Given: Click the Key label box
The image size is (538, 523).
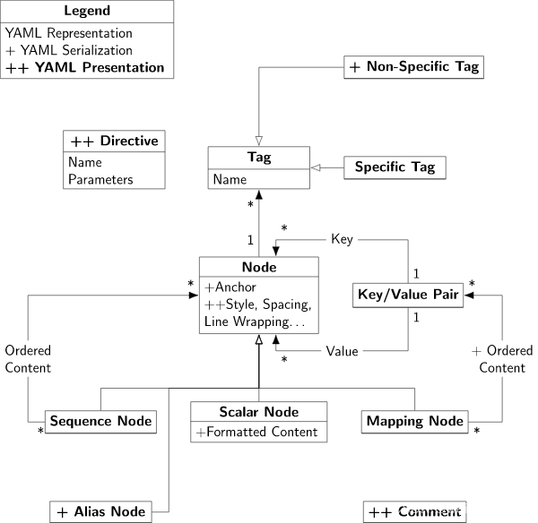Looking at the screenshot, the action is coord(342,239).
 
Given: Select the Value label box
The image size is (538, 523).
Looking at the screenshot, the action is coord(342,351).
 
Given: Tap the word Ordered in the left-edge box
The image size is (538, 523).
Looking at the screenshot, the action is coord(28,350).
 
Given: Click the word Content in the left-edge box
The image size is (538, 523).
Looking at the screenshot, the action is coord(28,367).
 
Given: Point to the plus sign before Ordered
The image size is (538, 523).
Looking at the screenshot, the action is coord(476,351).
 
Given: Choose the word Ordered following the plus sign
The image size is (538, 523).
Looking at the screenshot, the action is coord(509,350).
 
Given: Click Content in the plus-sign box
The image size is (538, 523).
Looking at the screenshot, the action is coord(502,367).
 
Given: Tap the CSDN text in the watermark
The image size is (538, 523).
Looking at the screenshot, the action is coord(411,508).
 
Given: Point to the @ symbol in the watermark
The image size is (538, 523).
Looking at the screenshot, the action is coord(440,509).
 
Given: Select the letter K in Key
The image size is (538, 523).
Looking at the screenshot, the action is coord(335,239).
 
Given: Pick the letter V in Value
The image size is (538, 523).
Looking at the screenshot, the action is coord(330,351).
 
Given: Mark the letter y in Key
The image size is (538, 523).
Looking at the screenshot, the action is coord(350,240).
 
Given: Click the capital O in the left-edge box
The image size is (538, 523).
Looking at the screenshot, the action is coord(10,350).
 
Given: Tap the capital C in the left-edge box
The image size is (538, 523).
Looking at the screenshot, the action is coord(9,367).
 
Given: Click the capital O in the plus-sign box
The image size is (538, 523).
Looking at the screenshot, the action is coord(491,350).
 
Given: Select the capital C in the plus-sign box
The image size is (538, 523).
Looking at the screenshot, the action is coord(483,367).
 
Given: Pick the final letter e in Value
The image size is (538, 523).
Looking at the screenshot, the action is coord(355,351).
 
